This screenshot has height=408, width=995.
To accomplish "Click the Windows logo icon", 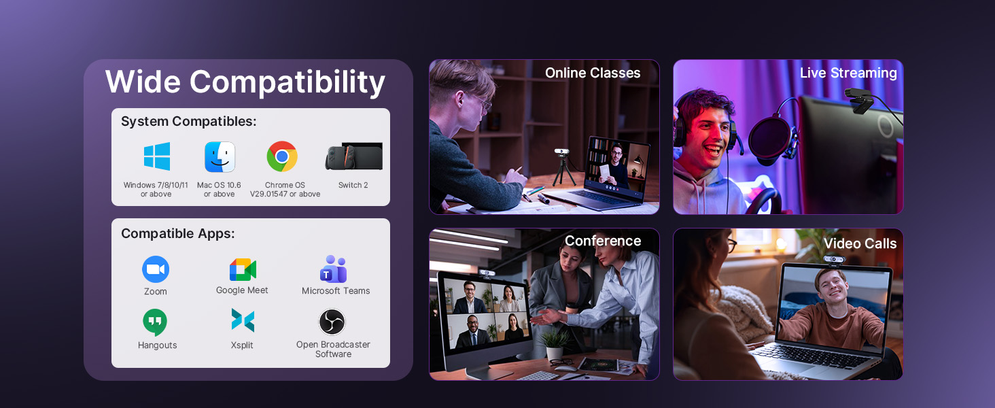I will pos(157,156).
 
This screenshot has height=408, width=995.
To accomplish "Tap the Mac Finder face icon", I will pos(220,157).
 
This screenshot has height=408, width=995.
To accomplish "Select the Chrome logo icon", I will pos(282,157).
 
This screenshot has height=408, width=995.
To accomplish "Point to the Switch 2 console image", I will pos(353,156).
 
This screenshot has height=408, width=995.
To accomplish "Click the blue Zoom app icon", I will pos(156,269).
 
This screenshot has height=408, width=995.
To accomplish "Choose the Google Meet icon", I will pos(243,269).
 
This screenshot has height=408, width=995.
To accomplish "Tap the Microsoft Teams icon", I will pos(333,269).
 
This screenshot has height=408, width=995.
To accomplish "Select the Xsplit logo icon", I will pos(243,320).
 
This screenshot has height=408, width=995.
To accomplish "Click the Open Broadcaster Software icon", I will pos(332,322).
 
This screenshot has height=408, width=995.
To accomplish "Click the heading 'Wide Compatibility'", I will pos(245,82).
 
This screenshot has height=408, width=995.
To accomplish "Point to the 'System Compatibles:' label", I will pos(189,122).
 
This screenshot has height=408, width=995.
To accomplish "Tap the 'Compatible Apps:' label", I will pos(178,234).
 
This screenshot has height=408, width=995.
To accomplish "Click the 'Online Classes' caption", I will pos(593,73).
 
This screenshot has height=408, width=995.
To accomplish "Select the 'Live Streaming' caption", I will pos(848,73).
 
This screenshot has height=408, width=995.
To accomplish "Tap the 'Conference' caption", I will pos(603,241).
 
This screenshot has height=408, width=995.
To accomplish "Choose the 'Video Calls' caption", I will pos(860,244).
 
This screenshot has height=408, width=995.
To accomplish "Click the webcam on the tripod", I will pos(562,153).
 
